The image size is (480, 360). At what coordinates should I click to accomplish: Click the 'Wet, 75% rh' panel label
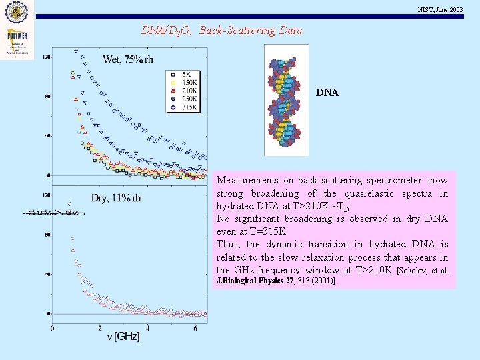click(128, 60)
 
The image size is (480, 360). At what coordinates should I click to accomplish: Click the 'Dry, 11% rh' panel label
click(116, 198)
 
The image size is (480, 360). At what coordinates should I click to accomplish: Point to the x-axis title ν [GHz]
click(124, 338)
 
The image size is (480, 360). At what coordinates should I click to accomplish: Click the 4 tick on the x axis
click(147, 328)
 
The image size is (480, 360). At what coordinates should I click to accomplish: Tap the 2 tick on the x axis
click(100, 328)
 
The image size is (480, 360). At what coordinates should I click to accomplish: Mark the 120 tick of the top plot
click(46, 57)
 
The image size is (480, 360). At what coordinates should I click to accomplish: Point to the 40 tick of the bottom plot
click(47, 274)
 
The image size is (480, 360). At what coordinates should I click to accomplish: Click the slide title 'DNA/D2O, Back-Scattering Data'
click(221, 30)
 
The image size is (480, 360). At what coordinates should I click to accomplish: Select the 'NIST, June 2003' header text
click(440, 9)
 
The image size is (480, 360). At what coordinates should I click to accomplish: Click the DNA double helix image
click(286, 100)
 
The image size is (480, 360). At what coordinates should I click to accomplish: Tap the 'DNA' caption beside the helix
click(327, 93)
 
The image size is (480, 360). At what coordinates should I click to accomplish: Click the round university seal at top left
click(17, 12)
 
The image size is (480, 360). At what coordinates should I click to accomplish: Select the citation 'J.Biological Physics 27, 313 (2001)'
click(277, 281)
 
